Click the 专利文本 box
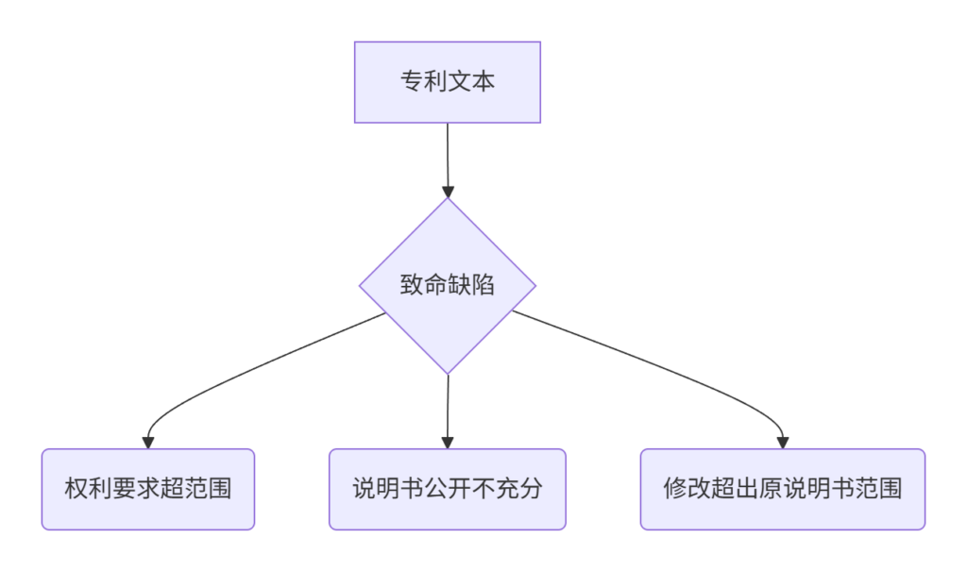click(447, 82)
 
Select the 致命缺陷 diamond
click(448, 285)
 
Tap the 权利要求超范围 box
click(148, 489)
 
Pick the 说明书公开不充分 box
click(447, 489)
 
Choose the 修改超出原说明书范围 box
click(783, 489)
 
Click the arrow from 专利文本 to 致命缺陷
click(448, 160)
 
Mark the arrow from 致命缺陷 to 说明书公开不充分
click(448, 411)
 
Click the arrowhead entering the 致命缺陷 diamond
click(449, 192)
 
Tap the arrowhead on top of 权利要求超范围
click(148, 443)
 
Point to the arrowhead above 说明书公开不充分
click(448, 443)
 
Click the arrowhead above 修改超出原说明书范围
click(783, 443)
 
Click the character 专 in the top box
click(412, 81)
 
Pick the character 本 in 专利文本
click(483, 81)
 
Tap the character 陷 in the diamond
click(483, 285)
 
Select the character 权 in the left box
click(76, 488)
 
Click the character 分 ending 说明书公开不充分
click(531, 488)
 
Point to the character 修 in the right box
click(675, 488)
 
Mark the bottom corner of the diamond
click(448, 374)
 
